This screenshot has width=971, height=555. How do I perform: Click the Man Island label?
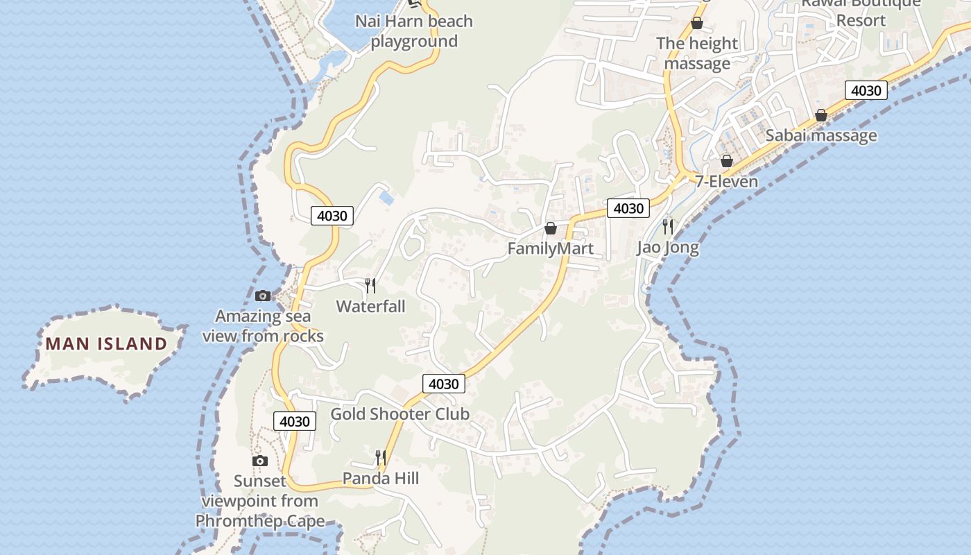[107, 343]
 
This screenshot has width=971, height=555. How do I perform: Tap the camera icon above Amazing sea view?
[263, 296]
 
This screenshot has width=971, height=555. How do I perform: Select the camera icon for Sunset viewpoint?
[260, 461]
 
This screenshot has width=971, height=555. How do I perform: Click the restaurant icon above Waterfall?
[370, 285]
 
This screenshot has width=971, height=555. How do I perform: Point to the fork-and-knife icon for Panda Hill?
[380, 457]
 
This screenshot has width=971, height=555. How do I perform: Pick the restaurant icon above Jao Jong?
[668, 226]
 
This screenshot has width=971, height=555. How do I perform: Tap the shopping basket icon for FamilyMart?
[551, 228]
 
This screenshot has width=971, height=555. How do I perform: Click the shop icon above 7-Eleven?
[726, 161]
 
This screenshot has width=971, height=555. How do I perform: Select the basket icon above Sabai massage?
[821, 115]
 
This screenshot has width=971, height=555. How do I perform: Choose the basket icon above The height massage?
[697, 24]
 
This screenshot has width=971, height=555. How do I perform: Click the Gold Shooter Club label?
[399, 414]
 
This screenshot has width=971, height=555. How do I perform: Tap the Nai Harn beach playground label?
[414, 31]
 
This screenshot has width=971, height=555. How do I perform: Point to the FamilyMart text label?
[551, 248]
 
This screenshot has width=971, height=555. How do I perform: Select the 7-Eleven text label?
[727, 181]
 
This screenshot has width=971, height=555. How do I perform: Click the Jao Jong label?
[668, 247]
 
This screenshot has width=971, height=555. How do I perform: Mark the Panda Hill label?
[381, 478]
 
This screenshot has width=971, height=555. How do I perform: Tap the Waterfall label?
[370, 306]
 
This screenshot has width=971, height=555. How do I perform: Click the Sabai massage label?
[821, 135]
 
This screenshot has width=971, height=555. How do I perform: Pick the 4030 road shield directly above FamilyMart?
[628, 208]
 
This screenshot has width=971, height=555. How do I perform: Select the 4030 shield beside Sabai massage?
[866, 90]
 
